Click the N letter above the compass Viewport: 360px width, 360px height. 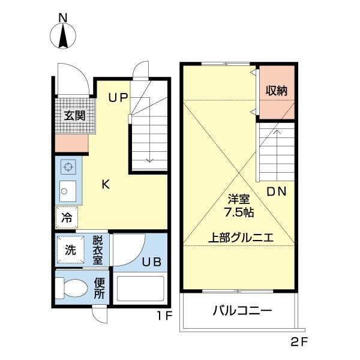pos(62,17)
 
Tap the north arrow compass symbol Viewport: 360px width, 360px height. pos(62,37)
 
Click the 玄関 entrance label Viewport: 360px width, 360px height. pos(74,115)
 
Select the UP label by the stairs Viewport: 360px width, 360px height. pos(118,97)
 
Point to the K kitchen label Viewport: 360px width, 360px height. pos(105,185)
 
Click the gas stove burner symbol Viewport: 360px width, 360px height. pos(68,167)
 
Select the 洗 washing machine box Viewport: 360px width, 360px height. pos(70,250)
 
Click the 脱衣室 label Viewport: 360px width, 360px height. pos(98,250)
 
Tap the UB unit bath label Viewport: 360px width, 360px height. pos(151,262)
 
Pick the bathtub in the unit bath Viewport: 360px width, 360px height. pos(141,289)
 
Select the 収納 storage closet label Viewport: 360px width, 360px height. pos(277,91)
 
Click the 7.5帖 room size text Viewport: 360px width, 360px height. pos(238,212)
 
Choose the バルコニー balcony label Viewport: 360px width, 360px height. pos(242,311)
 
